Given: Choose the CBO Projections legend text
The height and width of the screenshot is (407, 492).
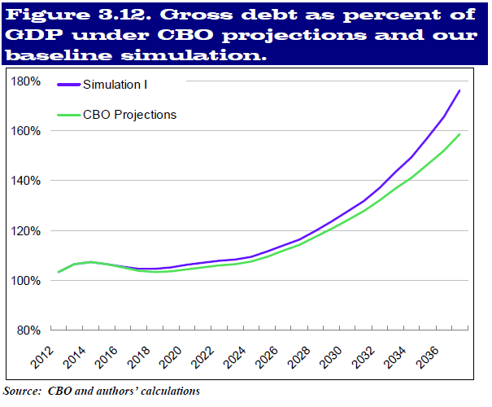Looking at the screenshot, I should (x=130, y=115).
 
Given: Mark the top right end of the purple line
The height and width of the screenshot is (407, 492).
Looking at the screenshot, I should (x=459, y=90).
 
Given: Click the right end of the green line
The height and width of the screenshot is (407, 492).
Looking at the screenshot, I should (x=459, y=134).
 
